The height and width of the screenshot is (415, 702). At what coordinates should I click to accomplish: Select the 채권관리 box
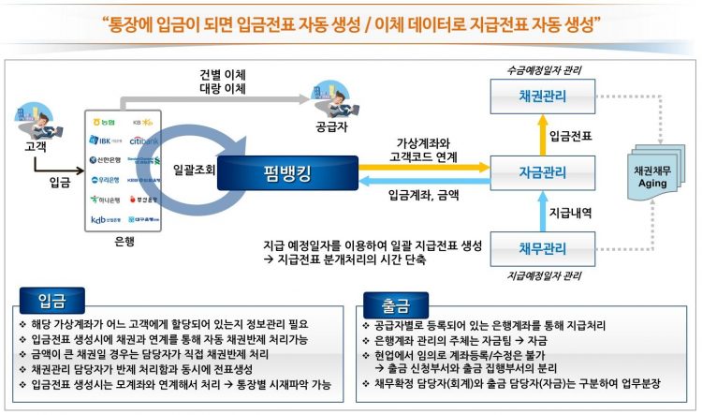coord(542,96)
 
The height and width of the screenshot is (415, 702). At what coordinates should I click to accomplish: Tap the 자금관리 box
coord(542,171)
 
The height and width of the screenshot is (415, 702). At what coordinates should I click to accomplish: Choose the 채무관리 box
coord(542,248)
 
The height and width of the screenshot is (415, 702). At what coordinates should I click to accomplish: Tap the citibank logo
coord(147,141)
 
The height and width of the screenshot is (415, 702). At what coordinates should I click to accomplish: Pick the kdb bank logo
coord(105,219)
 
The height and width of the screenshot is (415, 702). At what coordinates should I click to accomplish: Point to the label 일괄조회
coord(195,170)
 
